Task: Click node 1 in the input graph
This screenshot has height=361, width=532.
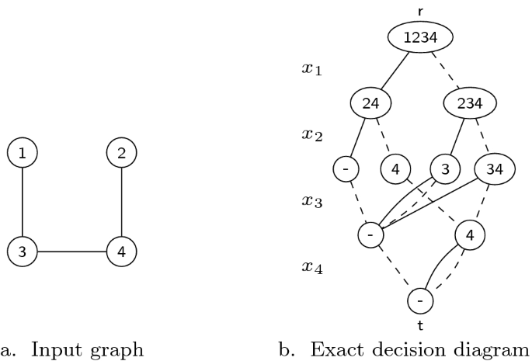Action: pos(23,154)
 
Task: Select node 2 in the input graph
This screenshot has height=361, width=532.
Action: pos(121,154)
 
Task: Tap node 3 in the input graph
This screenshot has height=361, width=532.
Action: pos(23,252)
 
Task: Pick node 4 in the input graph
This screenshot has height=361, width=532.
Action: pos(121,252)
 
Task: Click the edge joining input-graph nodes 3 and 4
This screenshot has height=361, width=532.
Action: pos(72,252)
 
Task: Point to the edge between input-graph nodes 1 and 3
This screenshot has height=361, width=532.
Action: pos(23,203)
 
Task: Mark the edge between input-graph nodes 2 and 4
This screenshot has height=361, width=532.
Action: pos(121,203)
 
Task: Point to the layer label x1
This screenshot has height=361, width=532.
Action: pos(311,69)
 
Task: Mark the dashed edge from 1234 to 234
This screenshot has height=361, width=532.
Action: pos(445,69)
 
